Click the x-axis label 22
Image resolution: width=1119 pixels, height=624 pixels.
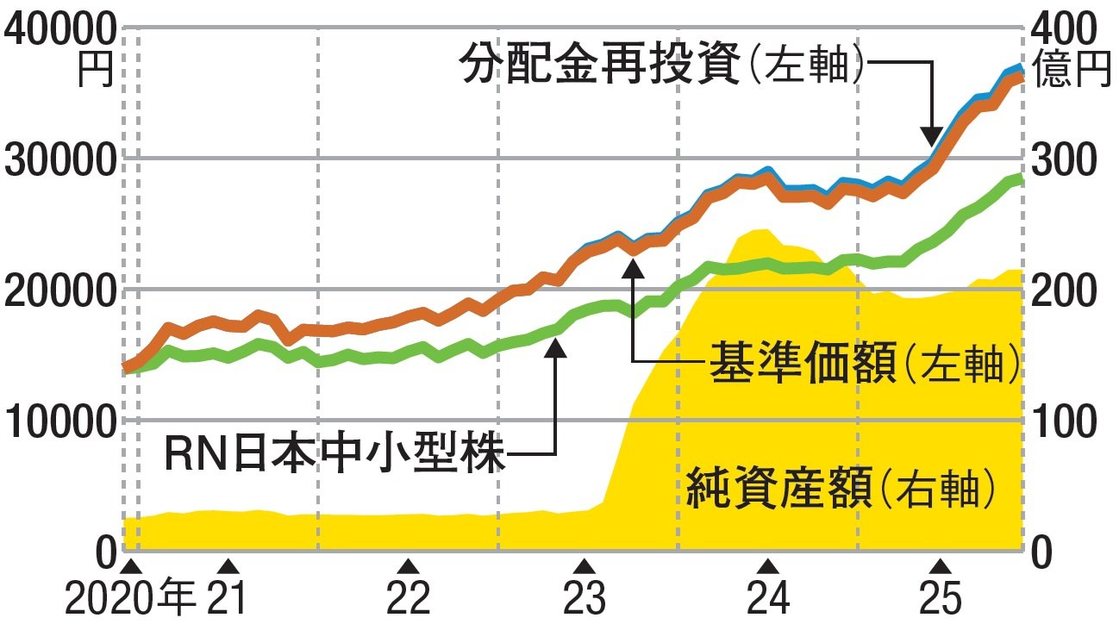pyautogui.click(x=409, y=597)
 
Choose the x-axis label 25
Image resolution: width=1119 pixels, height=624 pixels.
pyautogui.click(x=942, y=597)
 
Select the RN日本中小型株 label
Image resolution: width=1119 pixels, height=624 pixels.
pyautogui.click(x=334, y=452)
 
